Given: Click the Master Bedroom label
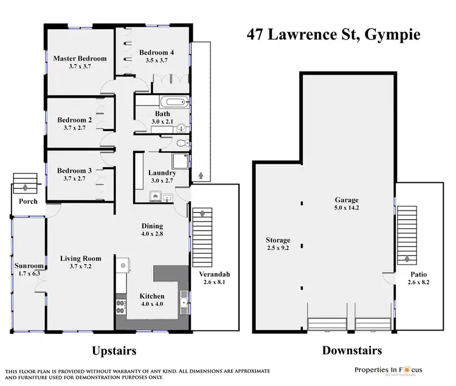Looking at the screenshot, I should pyautogui.click(x=80, y=58).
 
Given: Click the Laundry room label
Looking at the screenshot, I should pyautogui.click(x=161, y=172).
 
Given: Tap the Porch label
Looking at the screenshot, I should pyautogui.click(x=27, y=201).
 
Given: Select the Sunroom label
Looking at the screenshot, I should pyautogui.click(x=29, y=266).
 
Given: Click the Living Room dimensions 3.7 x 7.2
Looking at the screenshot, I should pyautogui.click(x=80, y=268).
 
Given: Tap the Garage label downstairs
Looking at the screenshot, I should pyautogui.click(x=347, y=200).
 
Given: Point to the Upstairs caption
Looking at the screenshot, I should pyautogui.click(x=113, y=351).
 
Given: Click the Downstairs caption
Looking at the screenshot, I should pyautogui.click(x=351, y=351).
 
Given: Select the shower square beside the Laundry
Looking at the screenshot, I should pyautogui.click(x=179, y=161).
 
